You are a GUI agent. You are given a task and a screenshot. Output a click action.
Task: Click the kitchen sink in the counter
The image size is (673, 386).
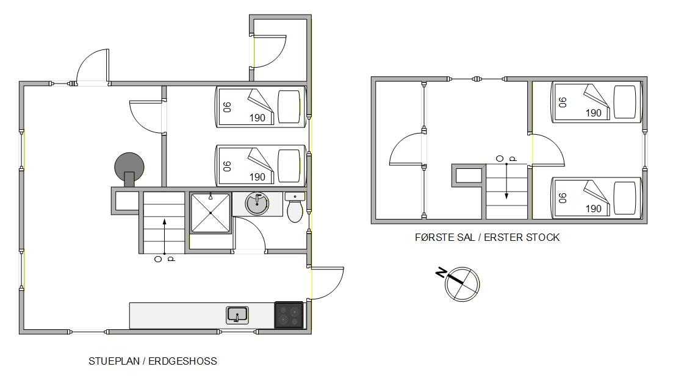coord(237,315)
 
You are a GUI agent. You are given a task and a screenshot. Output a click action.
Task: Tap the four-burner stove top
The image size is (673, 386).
coord(289,315)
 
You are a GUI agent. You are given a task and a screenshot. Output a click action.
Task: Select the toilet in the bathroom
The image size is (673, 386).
coord(295,207)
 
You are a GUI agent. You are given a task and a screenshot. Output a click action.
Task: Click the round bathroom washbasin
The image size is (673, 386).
coord(257,204)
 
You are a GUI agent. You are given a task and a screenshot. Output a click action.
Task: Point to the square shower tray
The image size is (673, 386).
coord(211,213)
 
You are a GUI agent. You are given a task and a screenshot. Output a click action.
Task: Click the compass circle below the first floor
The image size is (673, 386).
coord(462,284)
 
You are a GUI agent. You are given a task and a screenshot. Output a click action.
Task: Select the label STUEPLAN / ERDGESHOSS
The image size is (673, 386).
coord(153,361)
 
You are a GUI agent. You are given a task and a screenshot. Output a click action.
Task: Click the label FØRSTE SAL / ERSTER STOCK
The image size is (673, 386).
coord(487,237)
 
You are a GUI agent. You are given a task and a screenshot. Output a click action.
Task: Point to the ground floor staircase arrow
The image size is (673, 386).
coord(164,237)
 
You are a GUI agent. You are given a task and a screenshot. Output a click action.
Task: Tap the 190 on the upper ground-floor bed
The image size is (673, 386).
coord(257,118)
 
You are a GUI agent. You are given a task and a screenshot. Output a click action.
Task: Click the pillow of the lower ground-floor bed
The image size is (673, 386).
coord(289,166)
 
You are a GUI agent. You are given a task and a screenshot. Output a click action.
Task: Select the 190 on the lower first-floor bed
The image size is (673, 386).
coord(593,209)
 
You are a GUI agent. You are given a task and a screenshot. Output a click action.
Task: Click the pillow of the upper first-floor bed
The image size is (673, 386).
coord(625,102)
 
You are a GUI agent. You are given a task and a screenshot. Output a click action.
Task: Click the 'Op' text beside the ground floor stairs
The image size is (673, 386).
coord(164,259)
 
